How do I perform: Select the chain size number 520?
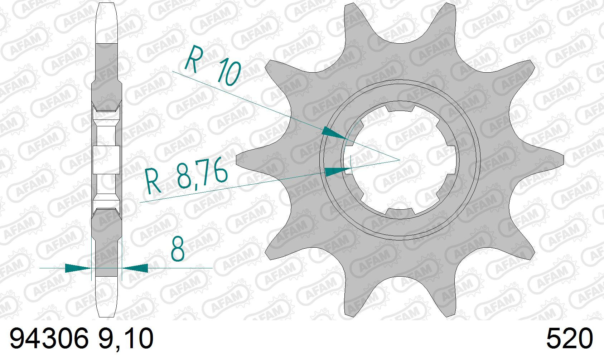click(x=570, y=339)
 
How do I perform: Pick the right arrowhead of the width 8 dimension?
click(x=135, y=268)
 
